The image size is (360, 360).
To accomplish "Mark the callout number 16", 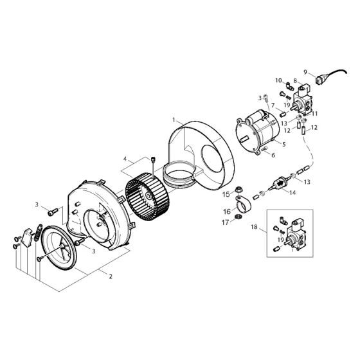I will point(227,212).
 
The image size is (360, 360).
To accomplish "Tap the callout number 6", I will point(273,155).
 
